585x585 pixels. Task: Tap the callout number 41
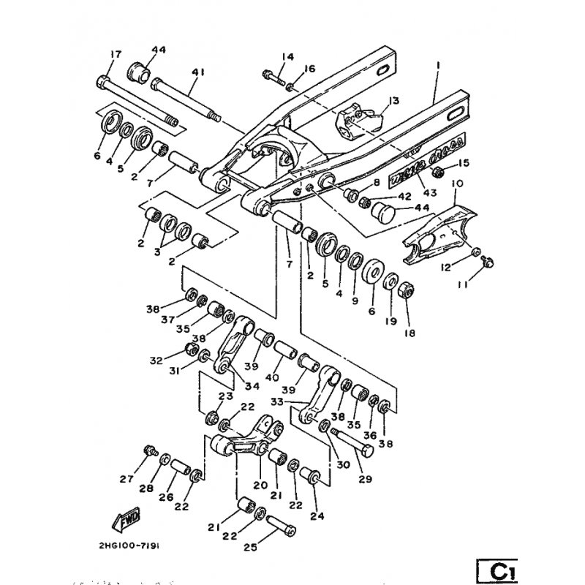(x=178, y=72)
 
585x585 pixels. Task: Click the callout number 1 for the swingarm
(x=437, y=66)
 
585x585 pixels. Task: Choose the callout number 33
(x=296, y=402)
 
